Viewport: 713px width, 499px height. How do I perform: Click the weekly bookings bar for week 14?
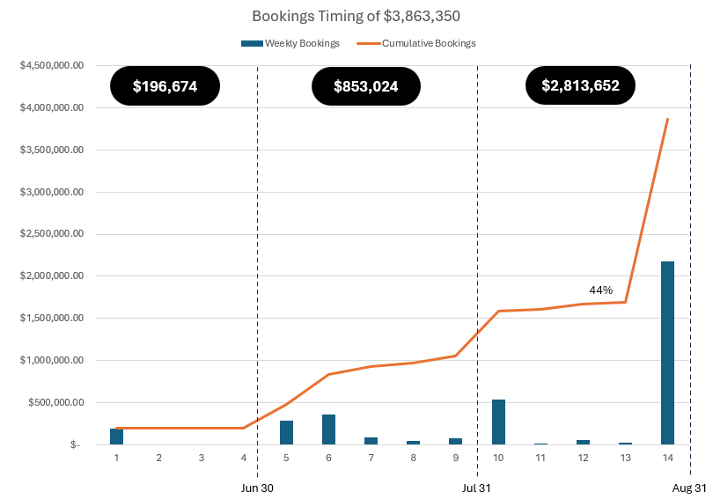(x=667, y=353)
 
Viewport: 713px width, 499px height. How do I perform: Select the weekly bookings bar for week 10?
(x=498, y=422)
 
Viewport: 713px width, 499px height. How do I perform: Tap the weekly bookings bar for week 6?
(x=328, y=429)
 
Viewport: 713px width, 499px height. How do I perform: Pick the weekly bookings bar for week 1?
(x=116, y=437)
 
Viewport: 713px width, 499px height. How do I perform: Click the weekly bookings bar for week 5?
(x=286, y=432)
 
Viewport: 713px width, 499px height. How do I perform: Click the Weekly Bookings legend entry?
(x=290, y=43)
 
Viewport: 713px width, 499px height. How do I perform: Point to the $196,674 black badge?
(x=165, y=86)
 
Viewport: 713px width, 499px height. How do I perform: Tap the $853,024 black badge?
(x=365, y=86)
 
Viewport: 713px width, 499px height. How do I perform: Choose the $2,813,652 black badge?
(x=580, y=85)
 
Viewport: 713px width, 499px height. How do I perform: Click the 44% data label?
(x=601, y=290)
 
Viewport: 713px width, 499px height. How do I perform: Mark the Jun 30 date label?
(x=257, y=487)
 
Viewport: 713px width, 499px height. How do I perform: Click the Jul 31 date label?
(x=477, y=487)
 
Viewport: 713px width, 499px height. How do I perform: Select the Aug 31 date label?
(x=688, y=487)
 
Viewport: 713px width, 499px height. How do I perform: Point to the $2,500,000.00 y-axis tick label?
(x=51, y=234)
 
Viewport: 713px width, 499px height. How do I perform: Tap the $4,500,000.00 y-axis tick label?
(x=51, y=65)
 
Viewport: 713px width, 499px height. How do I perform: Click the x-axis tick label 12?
(x=583, y=458)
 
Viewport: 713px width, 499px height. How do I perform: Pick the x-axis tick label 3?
(x=201, y=458)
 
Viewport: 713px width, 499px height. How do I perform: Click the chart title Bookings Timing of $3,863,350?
(x=356, y=16)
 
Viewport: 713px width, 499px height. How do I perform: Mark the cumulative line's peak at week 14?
(x=667, y=119)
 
